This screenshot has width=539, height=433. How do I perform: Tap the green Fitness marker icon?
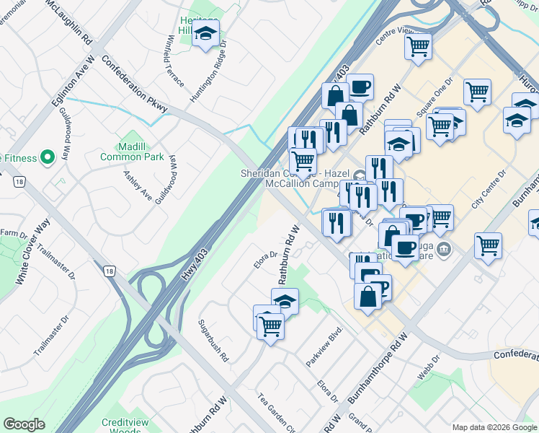[x=48, y=156]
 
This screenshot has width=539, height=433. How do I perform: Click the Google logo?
[x=24, y=424]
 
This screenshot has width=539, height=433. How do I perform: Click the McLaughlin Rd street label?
[x=68, y=21]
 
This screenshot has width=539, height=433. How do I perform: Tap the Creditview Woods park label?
[x=120, y=426]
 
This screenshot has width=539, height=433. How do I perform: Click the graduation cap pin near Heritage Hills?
[x=206, y=34]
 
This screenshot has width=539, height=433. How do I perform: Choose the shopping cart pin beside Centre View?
[x=418, y=47]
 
